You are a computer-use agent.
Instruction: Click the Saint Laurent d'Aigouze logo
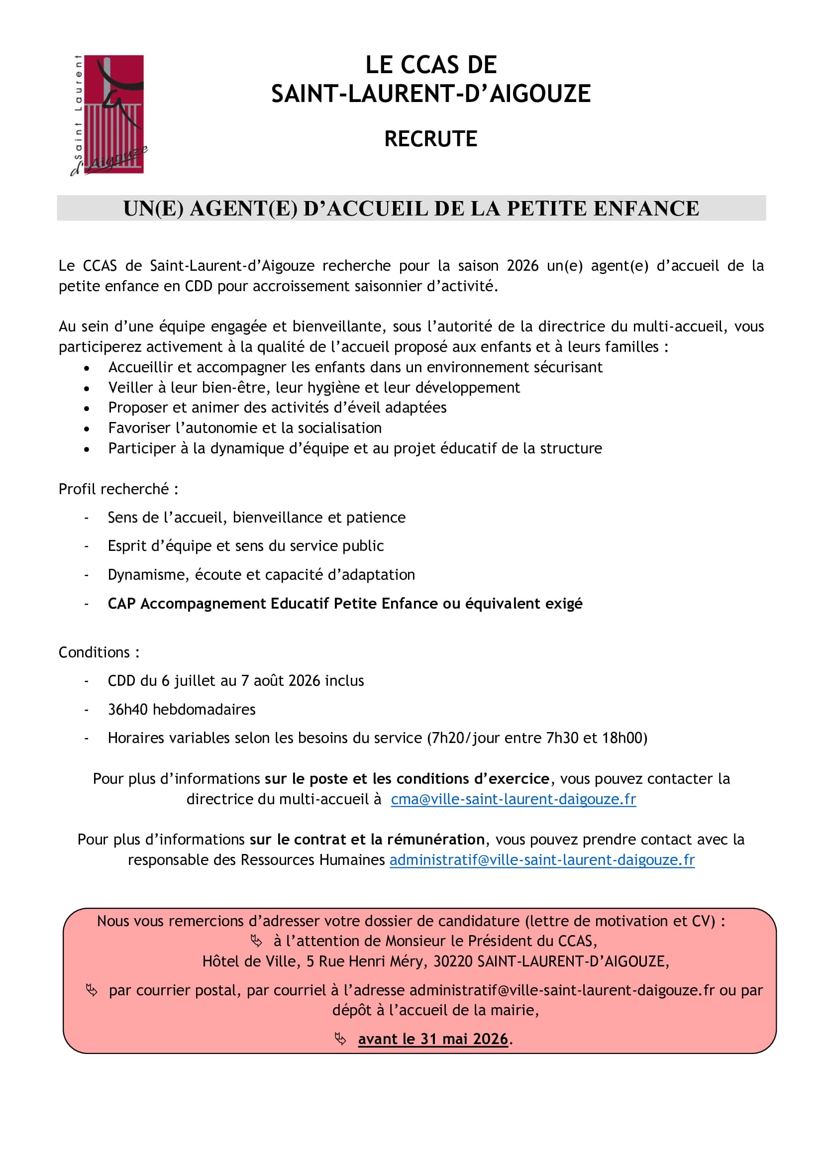tap(108, 115)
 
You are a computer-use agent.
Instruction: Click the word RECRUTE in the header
tap(431, 139)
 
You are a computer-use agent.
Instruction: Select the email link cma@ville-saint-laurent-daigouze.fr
tap(513, 800)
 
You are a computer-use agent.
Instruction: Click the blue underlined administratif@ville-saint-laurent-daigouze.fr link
tap(542, 860)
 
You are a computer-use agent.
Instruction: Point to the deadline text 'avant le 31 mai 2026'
tap(433, 1039)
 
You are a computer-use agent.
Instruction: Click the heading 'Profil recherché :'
tap(118, 489)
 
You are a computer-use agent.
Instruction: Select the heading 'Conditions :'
tap(100, 652)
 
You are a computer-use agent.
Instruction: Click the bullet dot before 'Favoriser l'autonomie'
tap(87, 429)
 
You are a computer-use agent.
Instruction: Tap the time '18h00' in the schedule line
tap(624, 738)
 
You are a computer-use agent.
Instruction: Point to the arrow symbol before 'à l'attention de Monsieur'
tap(256, 942)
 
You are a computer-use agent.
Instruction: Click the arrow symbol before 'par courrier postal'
tap(92, 990)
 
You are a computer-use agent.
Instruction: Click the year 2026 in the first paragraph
tap(522, 266)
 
